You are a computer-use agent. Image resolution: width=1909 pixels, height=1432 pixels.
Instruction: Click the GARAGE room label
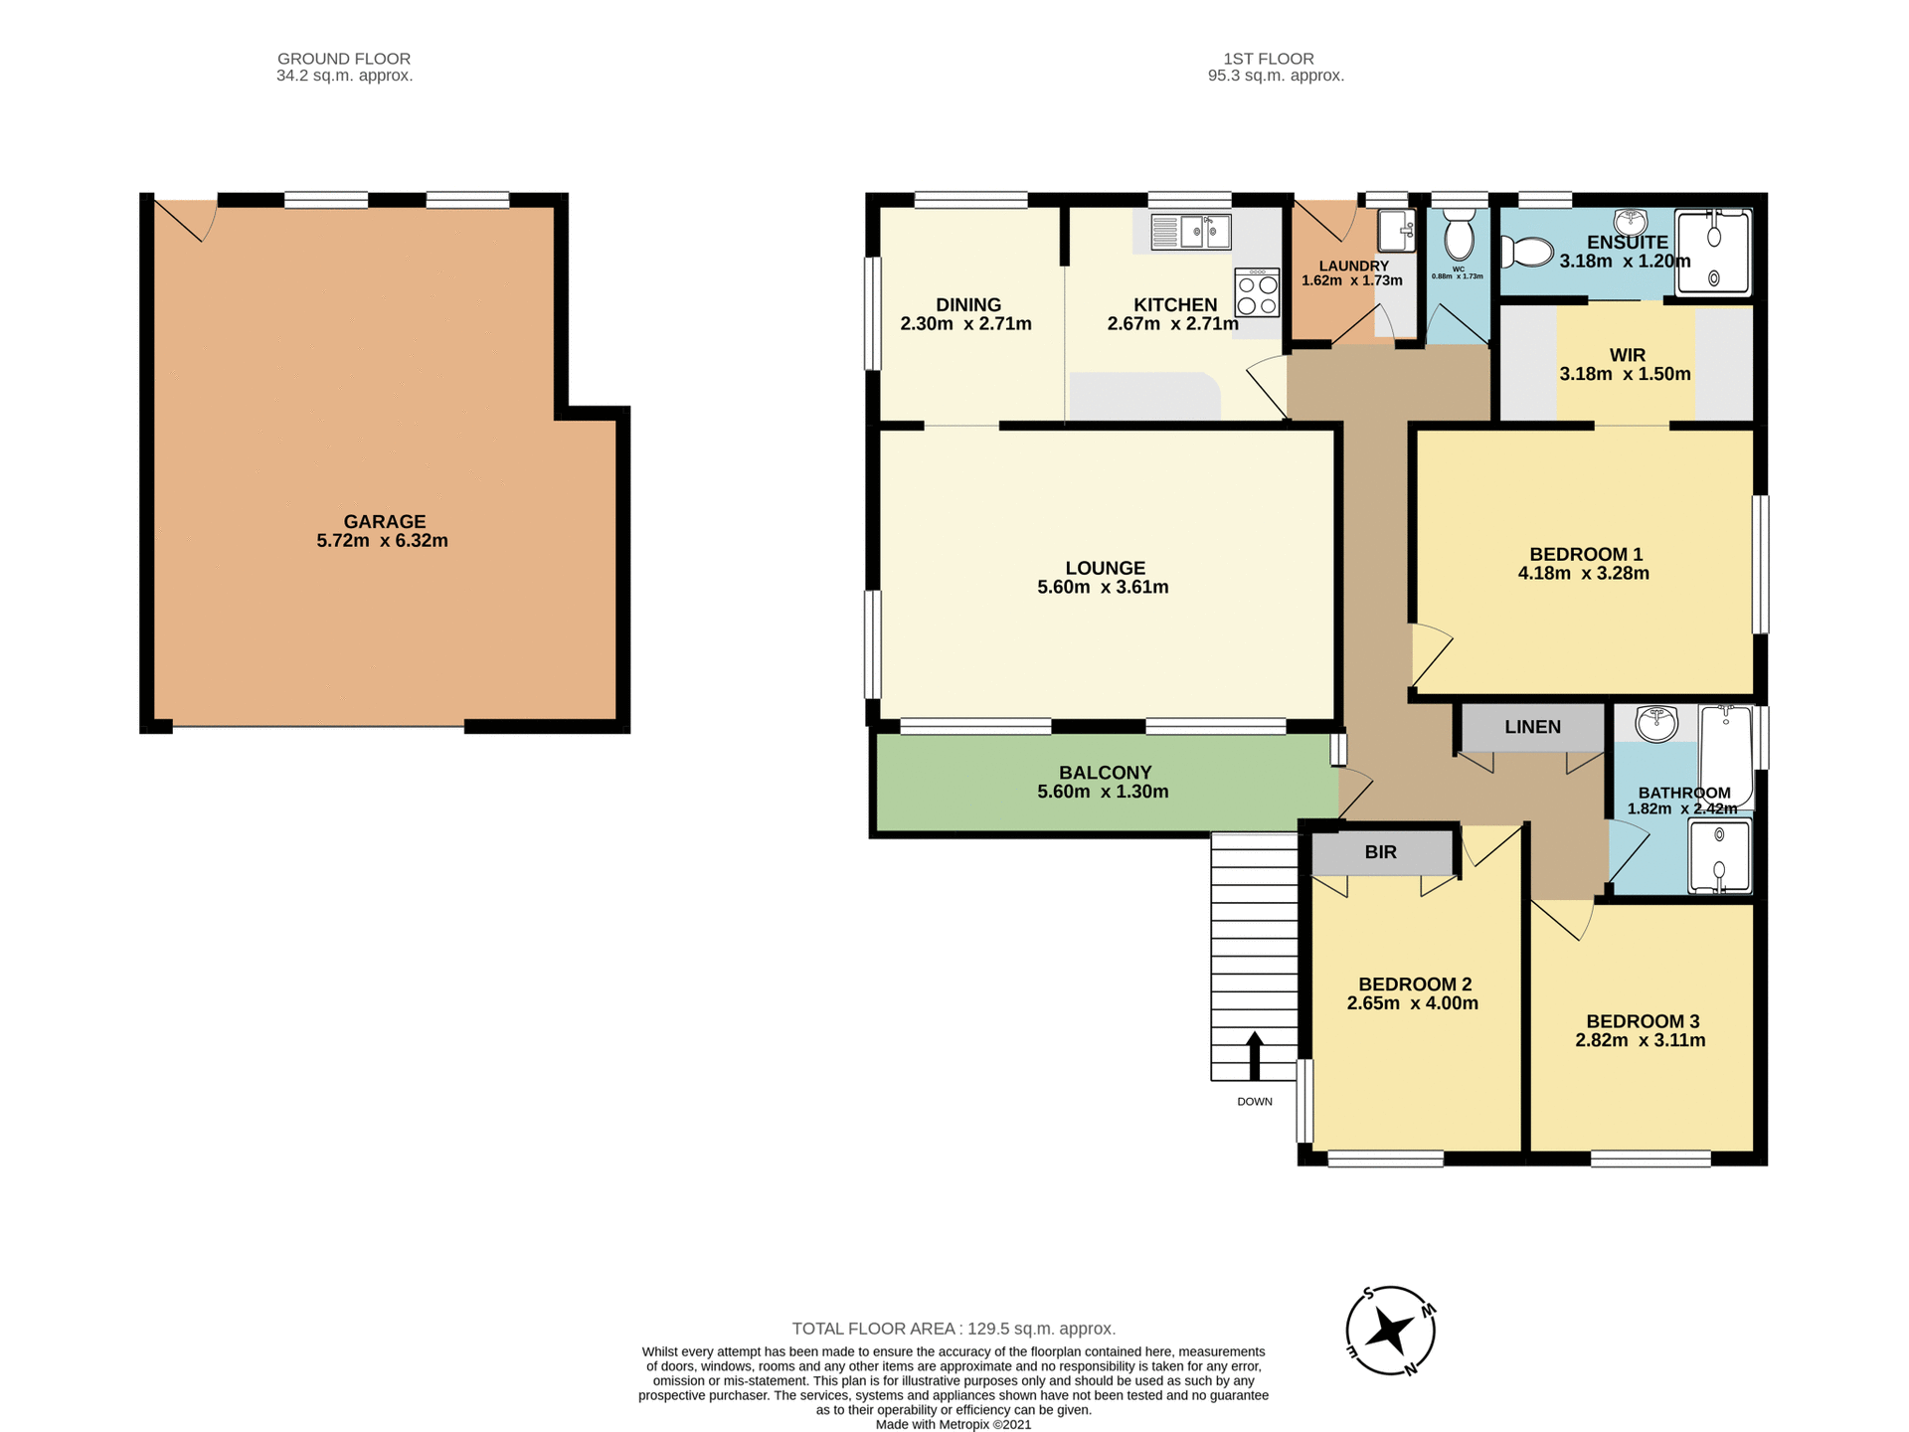coord(385,521)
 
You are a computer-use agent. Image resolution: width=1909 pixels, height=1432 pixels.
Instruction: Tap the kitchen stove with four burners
coord(1257,292)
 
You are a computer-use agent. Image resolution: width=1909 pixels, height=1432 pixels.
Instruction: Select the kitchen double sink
coord(1191,233)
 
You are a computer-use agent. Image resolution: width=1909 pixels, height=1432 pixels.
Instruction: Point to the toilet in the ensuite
coord(1527,252)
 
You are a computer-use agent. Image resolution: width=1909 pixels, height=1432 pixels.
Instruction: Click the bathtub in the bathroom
coord(1726,755)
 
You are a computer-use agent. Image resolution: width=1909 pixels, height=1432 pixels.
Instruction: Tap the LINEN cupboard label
coord(1532,727)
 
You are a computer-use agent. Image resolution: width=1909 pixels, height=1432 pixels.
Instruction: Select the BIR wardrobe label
coord(1380,852)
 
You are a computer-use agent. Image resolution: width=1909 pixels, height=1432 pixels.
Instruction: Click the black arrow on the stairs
coord(1254,1055)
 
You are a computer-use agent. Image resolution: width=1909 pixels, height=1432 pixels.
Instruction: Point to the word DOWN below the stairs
coord(1255,1102)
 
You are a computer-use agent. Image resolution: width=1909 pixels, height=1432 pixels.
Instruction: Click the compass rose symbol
coord(1390,1331)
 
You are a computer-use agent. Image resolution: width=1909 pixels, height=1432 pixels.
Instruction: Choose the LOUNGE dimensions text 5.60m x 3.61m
coord(1103,587)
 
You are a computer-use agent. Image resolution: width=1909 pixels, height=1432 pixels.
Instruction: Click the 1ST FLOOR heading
coord(1269,59)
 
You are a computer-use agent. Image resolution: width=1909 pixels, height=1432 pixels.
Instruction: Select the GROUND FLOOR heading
coord(344,59)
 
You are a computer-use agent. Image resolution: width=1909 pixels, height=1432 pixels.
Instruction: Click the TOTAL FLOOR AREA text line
coord(954,1329)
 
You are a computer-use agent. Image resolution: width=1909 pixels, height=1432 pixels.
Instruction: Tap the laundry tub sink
coord(1396,231)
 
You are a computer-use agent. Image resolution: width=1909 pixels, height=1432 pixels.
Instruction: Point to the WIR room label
coord(1627,355)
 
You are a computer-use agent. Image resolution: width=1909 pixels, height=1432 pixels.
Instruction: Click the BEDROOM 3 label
coord(1643,1021)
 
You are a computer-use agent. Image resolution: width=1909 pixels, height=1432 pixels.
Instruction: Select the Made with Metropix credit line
coord(954,1424)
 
